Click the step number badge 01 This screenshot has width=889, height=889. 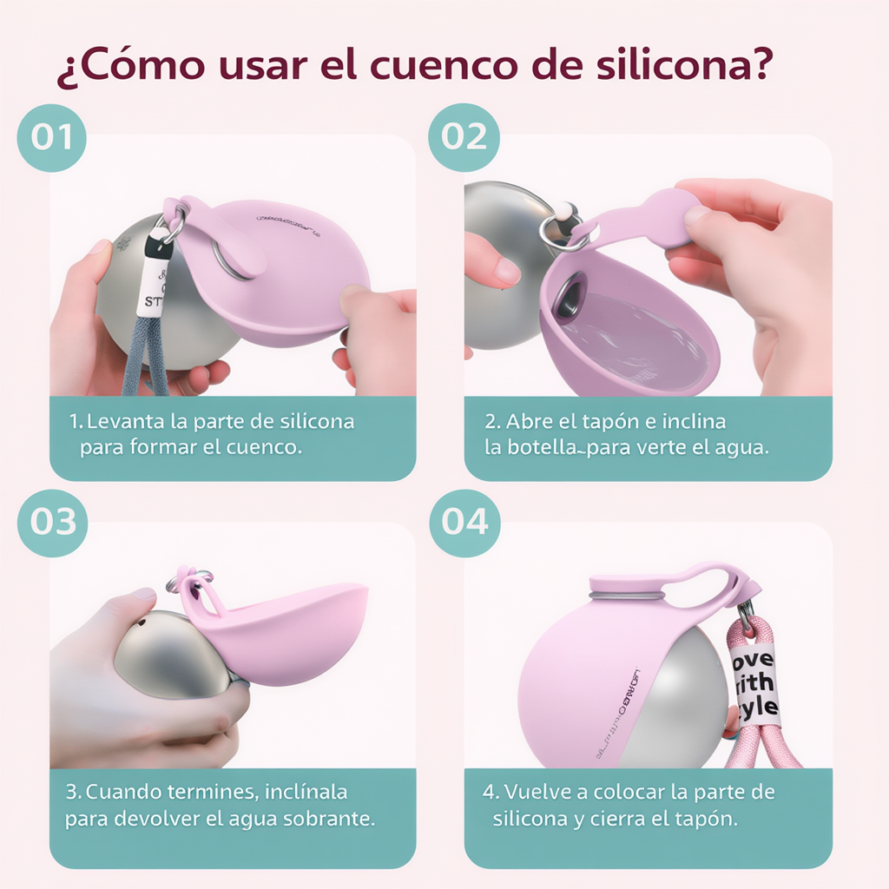(51, 137)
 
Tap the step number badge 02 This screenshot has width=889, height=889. (464, 137)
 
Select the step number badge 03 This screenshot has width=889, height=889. (52, 522)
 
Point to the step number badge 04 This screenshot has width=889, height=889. (464, 522)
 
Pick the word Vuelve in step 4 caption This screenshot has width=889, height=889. (533, 792)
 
